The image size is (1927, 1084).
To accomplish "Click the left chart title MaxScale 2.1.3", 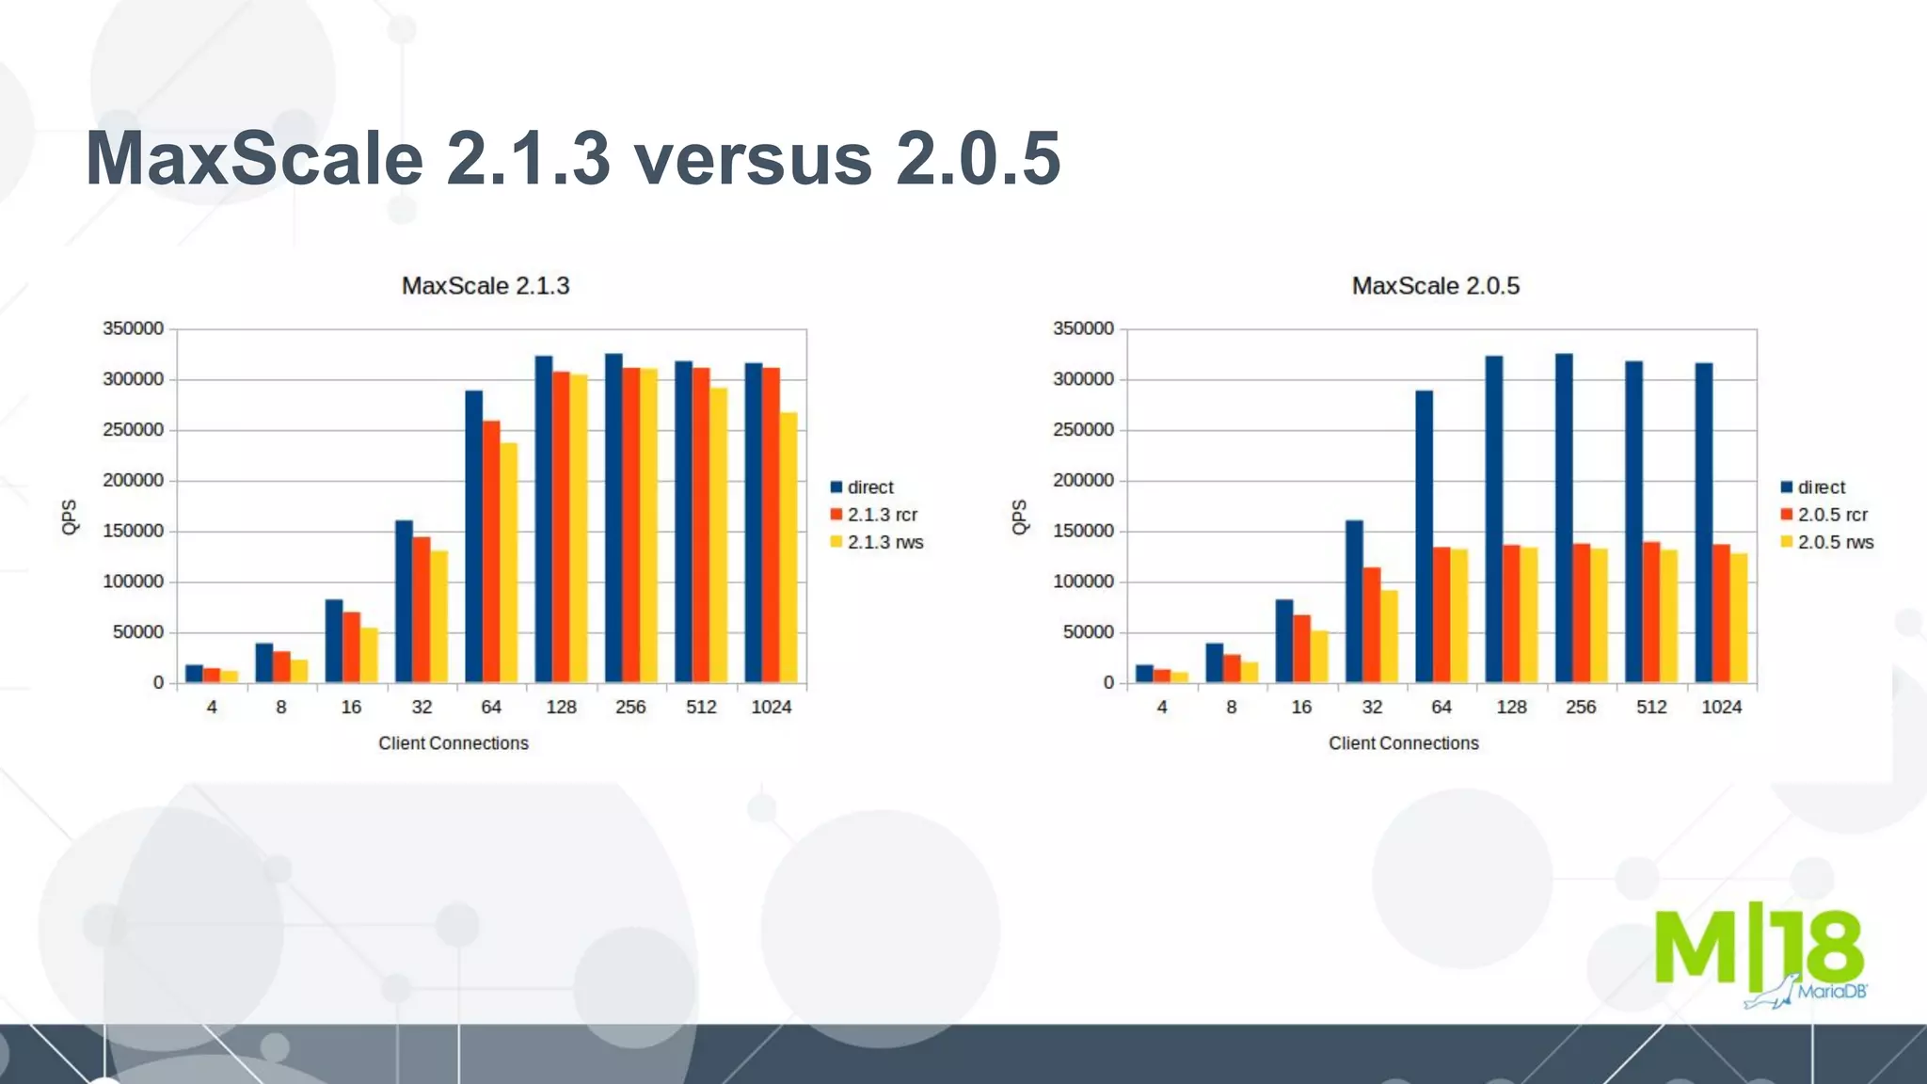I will (486, 286).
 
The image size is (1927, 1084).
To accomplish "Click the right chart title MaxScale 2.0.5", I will (1436, 286).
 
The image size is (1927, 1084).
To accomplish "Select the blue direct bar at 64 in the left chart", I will (473, 536).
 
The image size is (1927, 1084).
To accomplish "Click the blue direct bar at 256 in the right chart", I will (1564, 518).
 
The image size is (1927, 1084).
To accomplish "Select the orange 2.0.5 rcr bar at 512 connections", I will (1651, 612).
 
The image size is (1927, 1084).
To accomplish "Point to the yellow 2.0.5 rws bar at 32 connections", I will (1390, 636).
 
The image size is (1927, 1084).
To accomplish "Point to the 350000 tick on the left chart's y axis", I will (133, 328).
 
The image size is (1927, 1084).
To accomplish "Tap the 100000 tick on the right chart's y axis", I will (1083, 582).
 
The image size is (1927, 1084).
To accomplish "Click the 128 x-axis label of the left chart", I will (561, 707).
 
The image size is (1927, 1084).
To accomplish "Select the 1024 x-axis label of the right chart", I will (1721, 707).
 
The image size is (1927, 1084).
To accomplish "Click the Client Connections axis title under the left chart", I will (454, 743).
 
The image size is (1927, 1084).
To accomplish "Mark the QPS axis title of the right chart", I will (1019, 517).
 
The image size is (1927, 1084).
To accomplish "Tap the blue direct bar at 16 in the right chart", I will (1284, 641).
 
